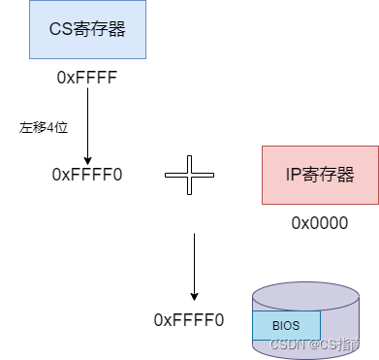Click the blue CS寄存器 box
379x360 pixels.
pos(87,29)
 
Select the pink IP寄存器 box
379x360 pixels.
pos(320,175)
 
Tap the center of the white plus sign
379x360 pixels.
pos(189,175)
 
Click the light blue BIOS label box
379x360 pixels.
pos(286,326)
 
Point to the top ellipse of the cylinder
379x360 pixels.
pos(305,295)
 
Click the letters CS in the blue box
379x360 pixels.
pos(61,28)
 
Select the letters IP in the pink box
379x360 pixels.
pos(294,175)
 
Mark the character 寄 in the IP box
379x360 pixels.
pos(310,175)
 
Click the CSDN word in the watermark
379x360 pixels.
pos(287,344)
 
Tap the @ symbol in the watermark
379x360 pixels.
pos(313,344)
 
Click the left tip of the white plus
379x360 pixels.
pos(167,175)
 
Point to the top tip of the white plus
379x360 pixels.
pos(189,157)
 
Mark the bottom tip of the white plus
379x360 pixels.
pos(189,193)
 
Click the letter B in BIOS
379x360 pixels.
pos(275,326)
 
